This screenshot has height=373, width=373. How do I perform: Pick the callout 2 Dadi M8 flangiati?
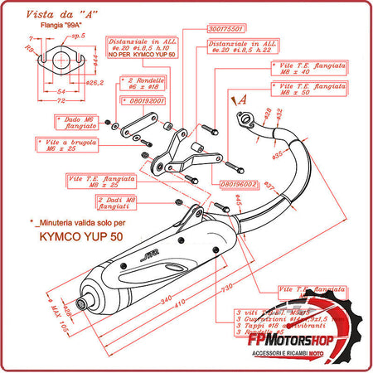(118, 202)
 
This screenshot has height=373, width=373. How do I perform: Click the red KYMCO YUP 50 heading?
(78, 235)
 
